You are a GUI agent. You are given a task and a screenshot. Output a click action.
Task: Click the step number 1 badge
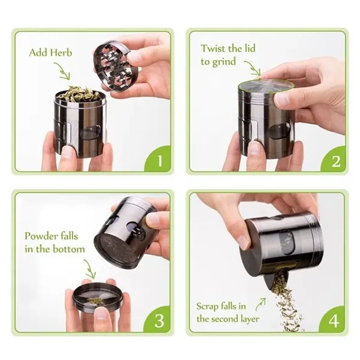pyautogui.click(x=159, y=160)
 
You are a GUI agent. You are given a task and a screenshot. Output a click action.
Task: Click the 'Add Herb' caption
pyautogui.click(x=50, y=53)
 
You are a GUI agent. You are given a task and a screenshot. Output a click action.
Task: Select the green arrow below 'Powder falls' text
pyautogui.click(x=90, y=268)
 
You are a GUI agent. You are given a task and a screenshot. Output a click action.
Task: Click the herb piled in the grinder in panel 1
pyautogui.click(x=78, y=94)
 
